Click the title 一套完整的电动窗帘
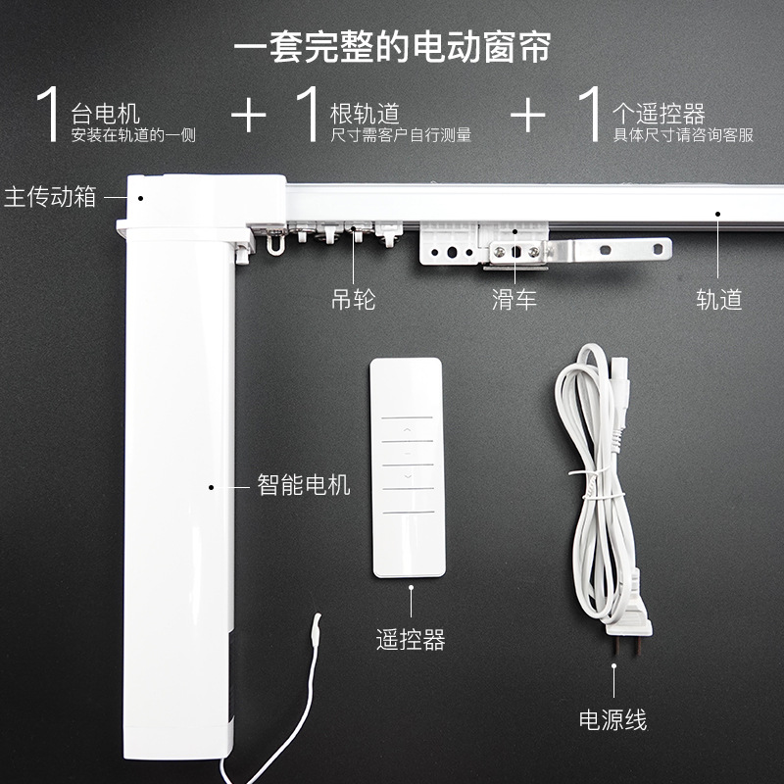[392, 45]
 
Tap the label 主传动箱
[51, 196]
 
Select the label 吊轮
[353, 299]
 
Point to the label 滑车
[514, 299]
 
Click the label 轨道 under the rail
[718, 299]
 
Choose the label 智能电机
[304, 484]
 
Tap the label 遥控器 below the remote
[411, 641]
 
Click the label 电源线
[612, 720]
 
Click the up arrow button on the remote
[407, 427]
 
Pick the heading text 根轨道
[365, 114]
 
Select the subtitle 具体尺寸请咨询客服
[683, 135]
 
